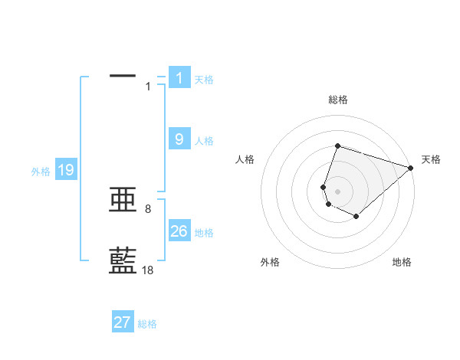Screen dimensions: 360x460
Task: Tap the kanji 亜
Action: pos(123,201)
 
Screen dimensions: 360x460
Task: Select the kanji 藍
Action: pos(123,260)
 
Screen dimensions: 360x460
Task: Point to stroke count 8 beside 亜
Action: pos(148,208)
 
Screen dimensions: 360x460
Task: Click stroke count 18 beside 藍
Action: pos(148,270)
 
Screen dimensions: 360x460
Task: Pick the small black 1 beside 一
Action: pos(148,86)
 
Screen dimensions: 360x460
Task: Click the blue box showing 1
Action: pos(179,77)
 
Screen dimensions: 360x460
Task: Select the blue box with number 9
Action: pos(179,139)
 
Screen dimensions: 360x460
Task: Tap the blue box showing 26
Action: pos(179,231)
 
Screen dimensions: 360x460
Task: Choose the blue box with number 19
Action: pos(66,170)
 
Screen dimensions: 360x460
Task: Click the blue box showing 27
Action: pos(123,322)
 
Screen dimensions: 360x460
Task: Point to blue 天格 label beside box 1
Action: pos(204,79)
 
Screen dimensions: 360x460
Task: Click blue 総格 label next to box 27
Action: pos(147,324)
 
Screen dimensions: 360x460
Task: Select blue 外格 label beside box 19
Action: pos(41,172)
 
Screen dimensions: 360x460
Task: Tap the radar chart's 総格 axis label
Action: pos(337,100)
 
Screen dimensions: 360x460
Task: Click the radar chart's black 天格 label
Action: pos(431,159)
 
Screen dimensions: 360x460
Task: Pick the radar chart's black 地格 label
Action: pos(402,262)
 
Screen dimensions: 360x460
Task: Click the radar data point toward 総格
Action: pos(337,146)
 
